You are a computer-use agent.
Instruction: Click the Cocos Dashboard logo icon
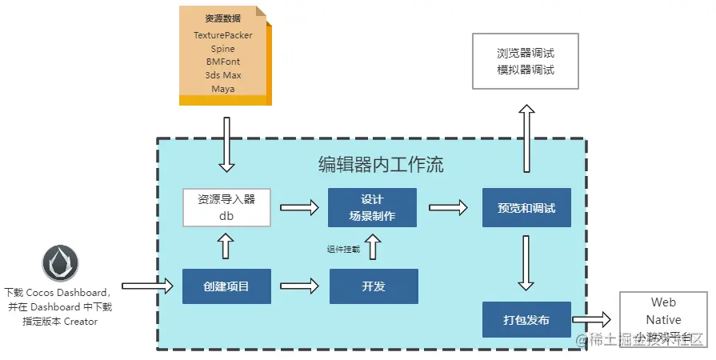[61, 264]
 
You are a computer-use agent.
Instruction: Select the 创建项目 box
[226, 286]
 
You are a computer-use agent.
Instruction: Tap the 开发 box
[374, 286]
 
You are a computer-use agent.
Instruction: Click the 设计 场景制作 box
[372, 207]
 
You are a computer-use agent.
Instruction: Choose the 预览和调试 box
[526, 208]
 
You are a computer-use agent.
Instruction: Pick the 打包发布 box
[526, 320]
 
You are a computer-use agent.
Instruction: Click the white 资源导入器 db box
[226, 208]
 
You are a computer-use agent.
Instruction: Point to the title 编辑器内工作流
[381, 166]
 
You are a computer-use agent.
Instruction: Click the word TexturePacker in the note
[223, 35]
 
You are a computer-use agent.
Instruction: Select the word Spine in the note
[223, 49]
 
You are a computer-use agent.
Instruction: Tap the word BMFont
[223, 62]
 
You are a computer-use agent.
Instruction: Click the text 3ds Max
[223, 75]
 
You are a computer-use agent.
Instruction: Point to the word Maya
[223, 89]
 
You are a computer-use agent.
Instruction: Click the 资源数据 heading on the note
[223, 18]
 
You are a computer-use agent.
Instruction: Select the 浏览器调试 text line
[526, 54]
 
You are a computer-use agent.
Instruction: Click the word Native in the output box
[663, 320]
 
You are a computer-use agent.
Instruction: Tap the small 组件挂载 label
[343, 250]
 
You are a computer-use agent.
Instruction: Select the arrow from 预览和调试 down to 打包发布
[526, 263]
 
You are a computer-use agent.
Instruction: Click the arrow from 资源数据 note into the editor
[227, 145]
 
